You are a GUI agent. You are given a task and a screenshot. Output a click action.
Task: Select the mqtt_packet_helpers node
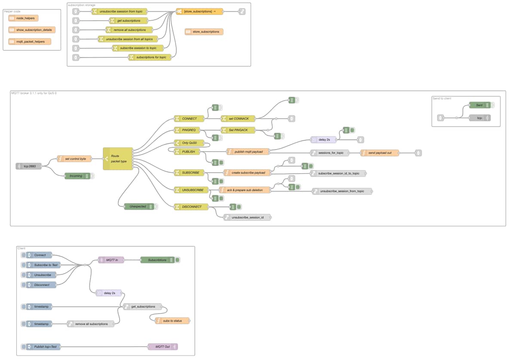30,42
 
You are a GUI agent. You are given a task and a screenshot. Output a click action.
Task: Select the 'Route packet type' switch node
118,158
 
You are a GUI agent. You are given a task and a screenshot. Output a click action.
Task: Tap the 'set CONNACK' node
238,118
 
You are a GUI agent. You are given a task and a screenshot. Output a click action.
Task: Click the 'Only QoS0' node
189,143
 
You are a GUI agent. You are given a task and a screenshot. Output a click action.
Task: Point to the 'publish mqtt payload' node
248,152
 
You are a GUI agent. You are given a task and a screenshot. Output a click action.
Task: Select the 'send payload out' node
379,152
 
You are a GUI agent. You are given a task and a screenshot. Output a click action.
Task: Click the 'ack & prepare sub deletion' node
245,190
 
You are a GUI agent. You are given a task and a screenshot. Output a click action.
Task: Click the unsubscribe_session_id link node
247,217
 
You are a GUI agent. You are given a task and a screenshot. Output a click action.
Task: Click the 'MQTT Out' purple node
162,347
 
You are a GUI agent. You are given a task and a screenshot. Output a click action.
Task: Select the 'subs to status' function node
172,321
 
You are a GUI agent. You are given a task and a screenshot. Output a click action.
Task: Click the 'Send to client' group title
442,99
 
